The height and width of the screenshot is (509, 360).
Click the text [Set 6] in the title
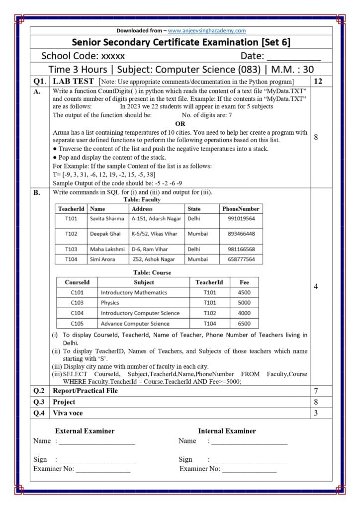[272, 42]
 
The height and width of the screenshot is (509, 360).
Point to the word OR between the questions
[180, 124]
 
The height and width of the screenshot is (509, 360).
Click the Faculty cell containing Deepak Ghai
[105, 234]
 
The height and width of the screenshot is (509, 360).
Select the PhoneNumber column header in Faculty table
[241, 209]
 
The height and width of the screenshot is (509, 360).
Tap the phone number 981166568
[241, 249]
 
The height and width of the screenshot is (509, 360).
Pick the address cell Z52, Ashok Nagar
[154, 259]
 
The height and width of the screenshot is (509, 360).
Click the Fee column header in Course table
[244, 282]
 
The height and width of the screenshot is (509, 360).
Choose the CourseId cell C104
[77, 313]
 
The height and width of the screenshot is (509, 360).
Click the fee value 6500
[244, 324]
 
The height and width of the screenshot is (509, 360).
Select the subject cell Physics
[110, 303]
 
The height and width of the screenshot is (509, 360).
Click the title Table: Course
[152, 272]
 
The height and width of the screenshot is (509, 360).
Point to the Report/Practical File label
[85, 391]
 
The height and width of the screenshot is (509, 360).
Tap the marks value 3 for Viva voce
[315, 413]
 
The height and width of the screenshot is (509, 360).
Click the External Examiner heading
[85, 431]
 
